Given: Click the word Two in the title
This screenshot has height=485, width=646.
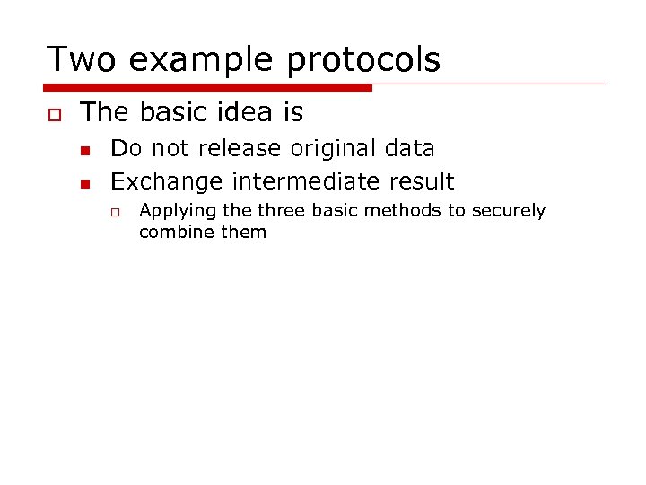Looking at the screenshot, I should [x=80, y=59].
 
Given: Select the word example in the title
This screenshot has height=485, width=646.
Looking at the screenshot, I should [x=199, y=59].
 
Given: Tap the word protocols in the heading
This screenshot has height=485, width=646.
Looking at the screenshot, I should [x=363, y=59].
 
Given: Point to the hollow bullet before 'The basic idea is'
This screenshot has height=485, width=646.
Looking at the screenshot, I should [x=52, y=113].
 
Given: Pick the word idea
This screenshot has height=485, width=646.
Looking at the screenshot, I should [x=232, y=112].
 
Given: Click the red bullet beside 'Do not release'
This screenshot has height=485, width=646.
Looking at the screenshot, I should [x=86, y=149].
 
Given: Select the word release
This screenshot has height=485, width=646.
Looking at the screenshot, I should [x=244, y=148].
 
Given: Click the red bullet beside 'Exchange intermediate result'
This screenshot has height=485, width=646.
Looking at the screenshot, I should [x=86, y=182].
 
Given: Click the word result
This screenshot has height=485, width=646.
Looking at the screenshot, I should [x=422, y=181].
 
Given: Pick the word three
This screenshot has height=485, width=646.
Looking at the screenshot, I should [x=280, y=211].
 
